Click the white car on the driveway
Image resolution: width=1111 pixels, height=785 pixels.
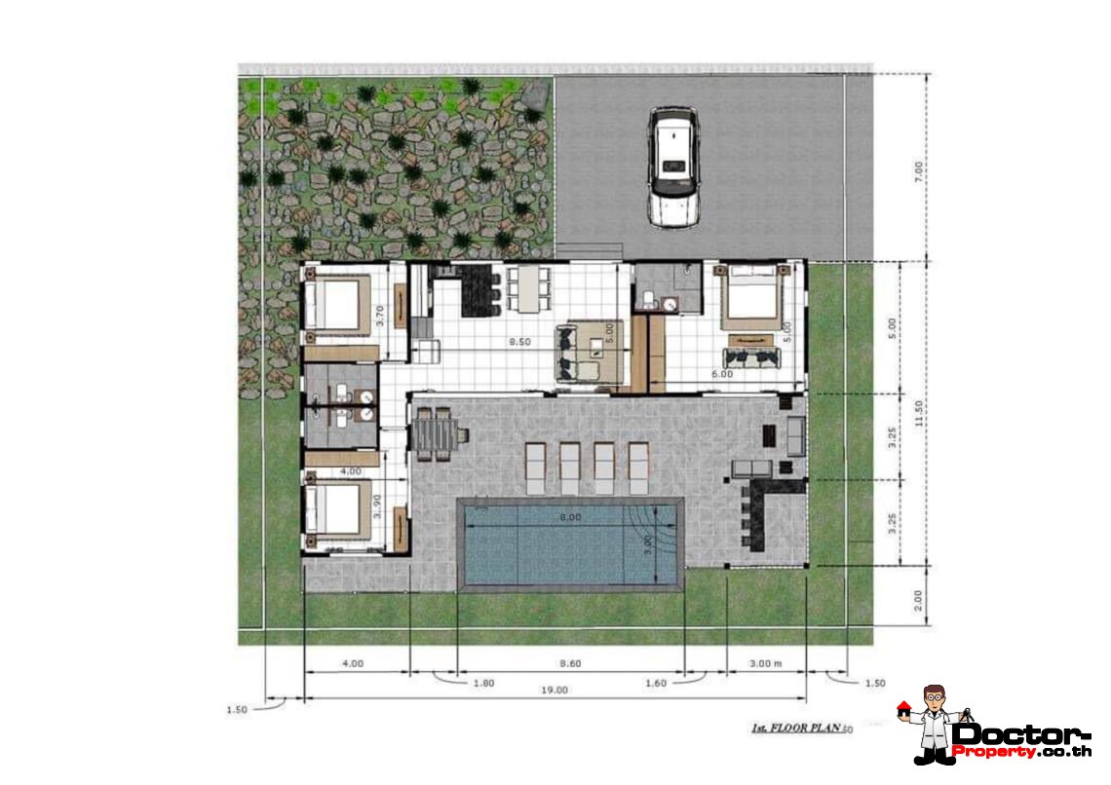pyautogui.click(x=671, y=167)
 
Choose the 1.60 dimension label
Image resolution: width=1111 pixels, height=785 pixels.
pyautogui.click(x=656, y=684)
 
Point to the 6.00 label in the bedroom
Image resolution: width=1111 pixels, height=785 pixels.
pyautogui.click(x=722, y=373)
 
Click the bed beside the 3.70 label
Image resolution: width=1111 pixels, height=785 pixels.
pyautogui.click(x=334, y=304)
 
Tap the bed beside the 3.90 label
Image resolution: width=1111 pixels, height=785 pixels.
pyautogui.click(x=334, y=507)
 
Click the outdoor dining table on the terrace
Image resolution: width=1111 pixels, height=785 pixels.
pyautogui.click(x=433, y=433)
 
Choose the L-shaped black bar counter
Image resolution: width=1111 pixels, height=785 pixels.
pyautogui.click(x=756, y=506)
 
